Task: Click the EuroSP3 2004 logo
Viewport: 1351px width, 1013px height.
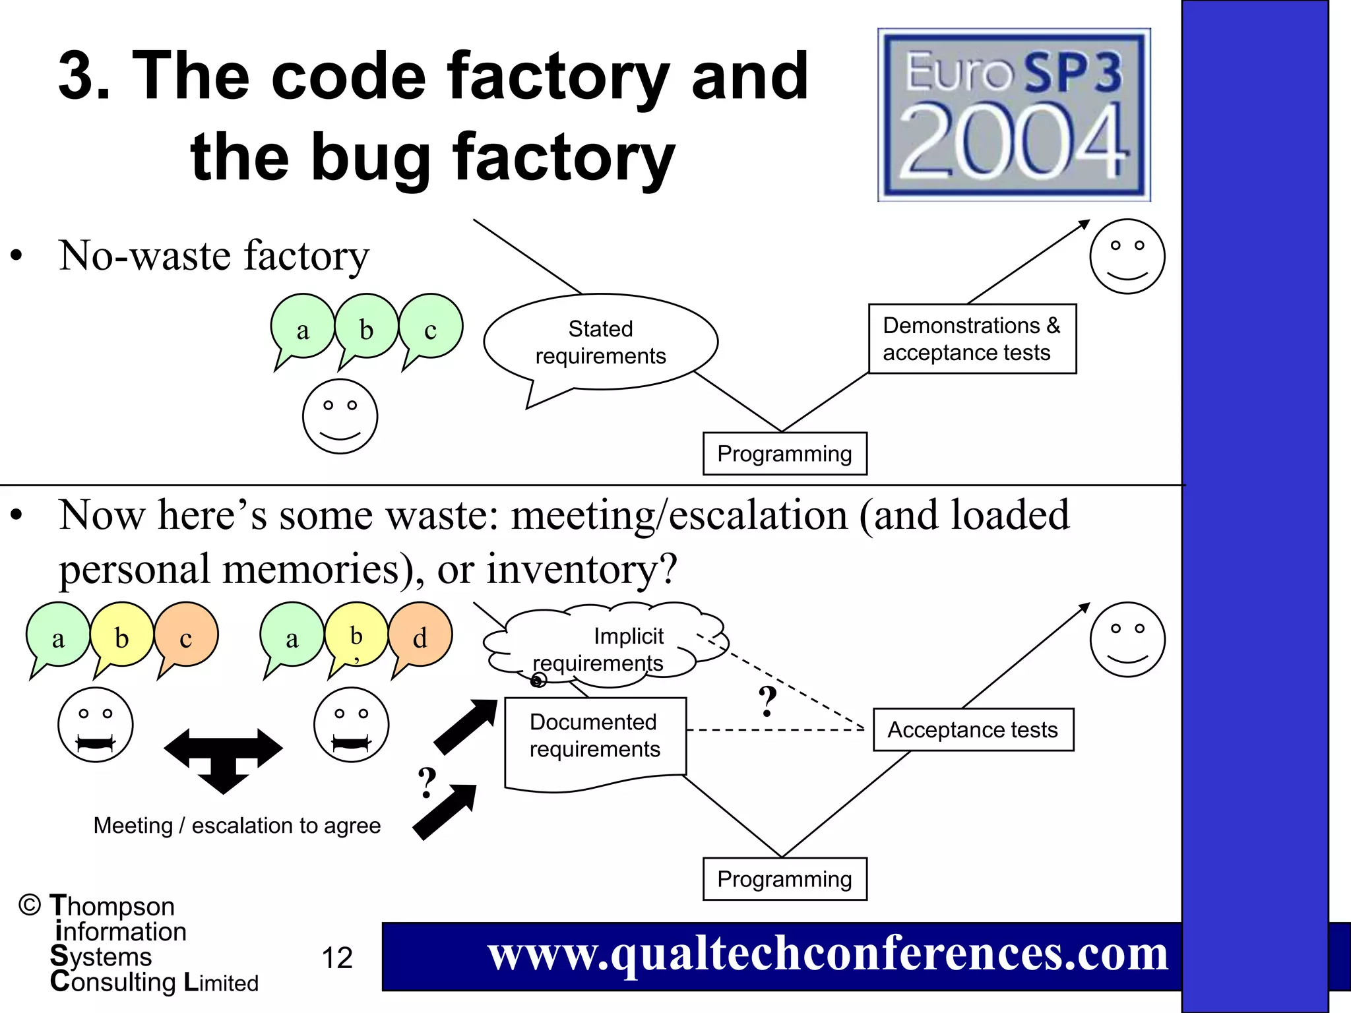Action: pyautogui.click(x=1014, y=115)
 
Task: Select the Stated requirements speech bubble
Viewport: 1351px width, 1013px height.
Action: pyautogui.click(x=600, y=342)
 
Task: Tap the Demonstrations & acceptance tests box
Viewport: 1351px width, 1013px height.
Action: pyautogui.click(x=972, y=339)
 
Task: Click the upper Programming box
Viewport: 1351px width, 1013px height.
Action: pyautogui.click(x=784, y=454)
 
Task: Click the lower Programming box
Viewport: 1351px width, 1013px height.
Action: pyautogui.click(x=784, y=879)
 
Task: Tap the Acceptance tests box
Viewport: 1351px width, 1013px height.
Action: pyautogui.click(x=973, y=730)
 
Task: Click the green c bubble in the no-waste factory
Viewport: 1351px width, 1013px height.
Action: pyautogui.click(x=431, y=328)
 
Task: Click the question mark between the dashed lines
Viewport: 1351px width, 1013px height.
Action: pyautogui.click(x=767, y=702)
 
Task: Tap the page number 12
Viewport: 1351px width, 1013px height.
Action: pyautogui.click(x=337, y=958)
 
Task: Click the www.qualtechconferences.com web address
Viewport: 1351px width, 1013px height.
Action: pyautogui.click(x=828, y=954)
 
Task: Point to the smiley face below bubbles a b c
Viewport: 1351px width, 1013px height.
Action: pyautogui.click(x=340, y=416)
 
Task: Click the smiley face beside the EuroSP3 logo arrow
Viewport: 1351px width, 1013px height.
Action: pyautogui.click(x=1127, y=257)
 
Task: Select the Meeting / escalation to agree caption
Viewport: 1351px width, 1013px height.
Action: pyautogui.click(x=237, y=826)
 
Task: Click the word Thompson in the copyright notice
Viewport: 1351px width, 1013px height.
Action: pyautogui.click(x=112, y=906)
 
